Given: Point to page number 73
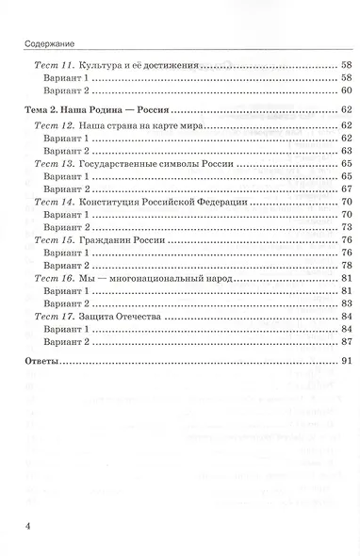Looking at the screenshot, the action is [x=346, y=228].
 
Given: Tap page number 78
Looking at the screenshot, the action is [x=346, y=266].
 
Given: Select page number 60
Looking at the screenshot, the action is [x=346, y=89].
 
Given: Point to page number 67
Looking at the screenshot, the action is [x=346, y=189].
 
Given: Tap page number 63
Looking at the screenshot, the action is [x=346, y=151].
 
